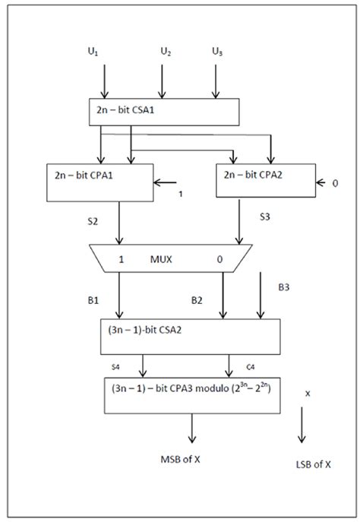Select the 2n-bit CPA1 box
99,182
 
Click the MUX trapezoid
171,259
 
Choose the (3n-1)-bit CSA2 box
190,337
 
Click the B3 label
283,287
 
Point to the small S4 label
115,366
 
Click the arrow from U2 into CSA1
160,80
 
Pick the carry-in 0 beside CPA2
334,182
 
